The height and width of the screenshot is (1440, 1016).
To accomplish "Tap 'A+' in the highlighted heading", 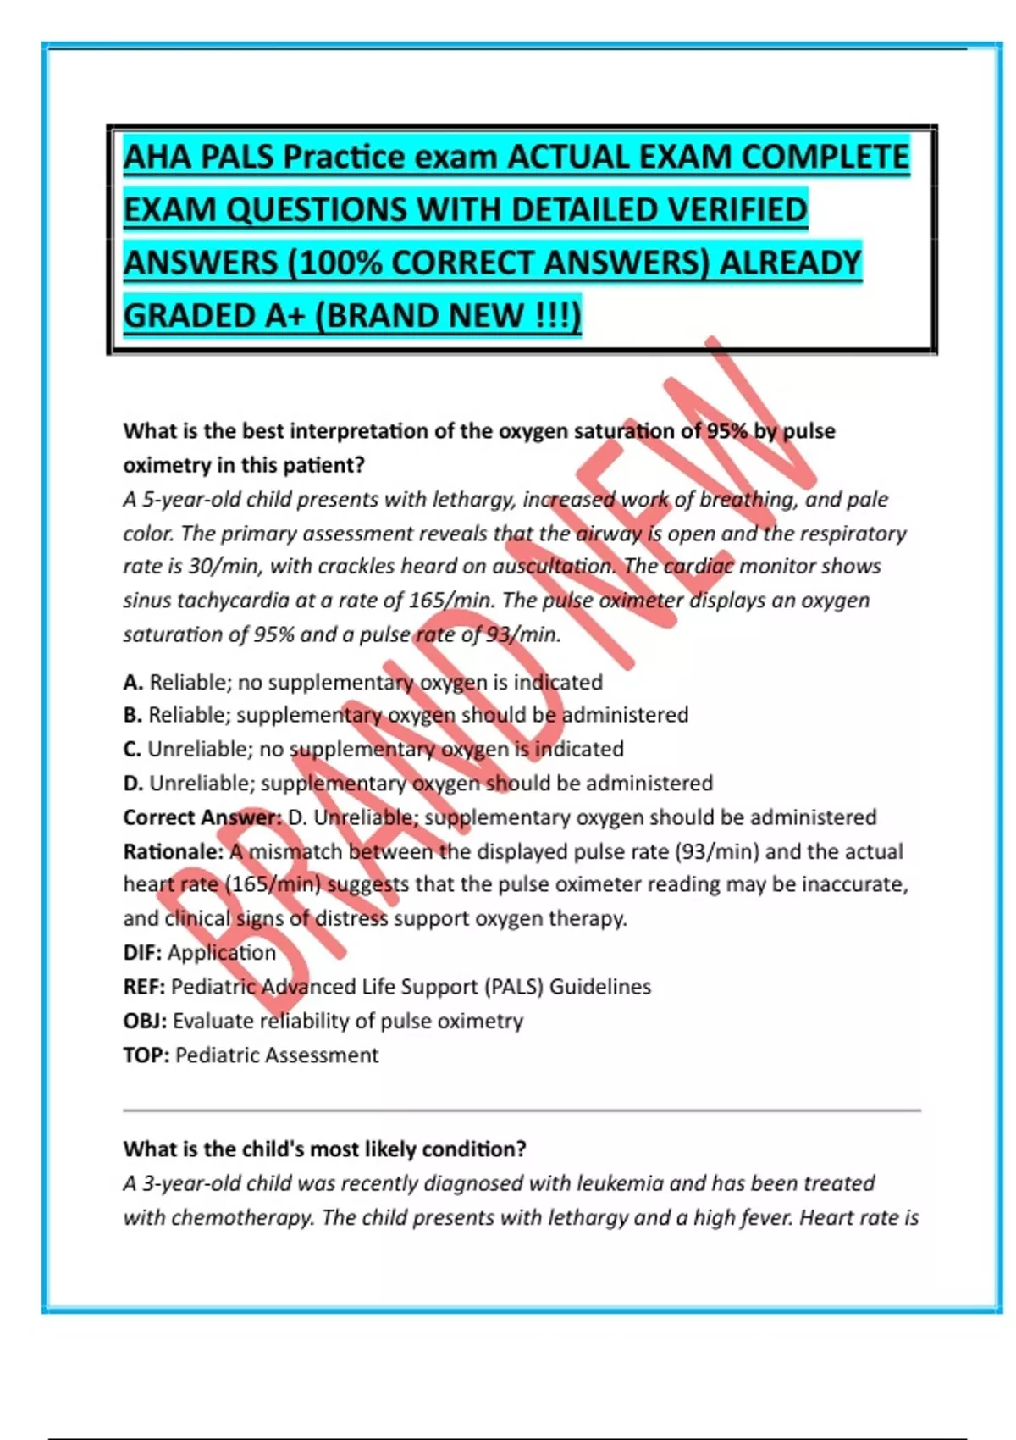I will click(x=285, y=316).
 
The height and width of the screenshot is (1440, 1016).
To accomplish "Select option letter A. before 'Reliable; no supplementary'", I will click(x=133, y=682).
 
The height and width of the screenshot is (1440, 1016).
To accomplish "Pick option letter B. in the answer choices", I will click(x=133, y=715).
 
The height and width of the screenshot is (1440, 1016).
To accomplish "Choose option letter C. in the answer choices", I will click(x=133, y=749).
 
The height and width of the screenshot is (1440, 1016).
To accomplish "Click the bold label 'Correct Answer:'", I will click(x=202, y=817).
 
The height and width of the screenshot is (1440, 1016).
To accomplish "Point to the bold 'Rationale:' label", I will click(x=173, y=851).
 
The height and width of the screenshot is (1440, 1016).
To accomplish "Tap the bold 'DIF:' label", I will click(x=142, y=953).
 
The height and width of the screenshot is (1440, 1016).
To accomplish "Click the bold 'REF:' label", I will click(x=144, y=987).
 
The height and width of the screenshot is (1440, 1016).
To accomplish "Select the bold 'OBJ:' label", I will click(x=145, y=1021).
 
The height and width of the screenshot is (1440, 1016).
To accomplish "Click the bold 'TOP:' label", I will click(x=146, y=1055).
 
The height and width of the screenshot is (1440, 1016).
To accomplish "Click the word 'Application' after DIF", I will click(x=222, y=953).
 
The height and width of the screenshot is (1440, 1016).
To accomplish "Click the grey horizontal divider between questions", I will click(x=522, y=1110).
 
